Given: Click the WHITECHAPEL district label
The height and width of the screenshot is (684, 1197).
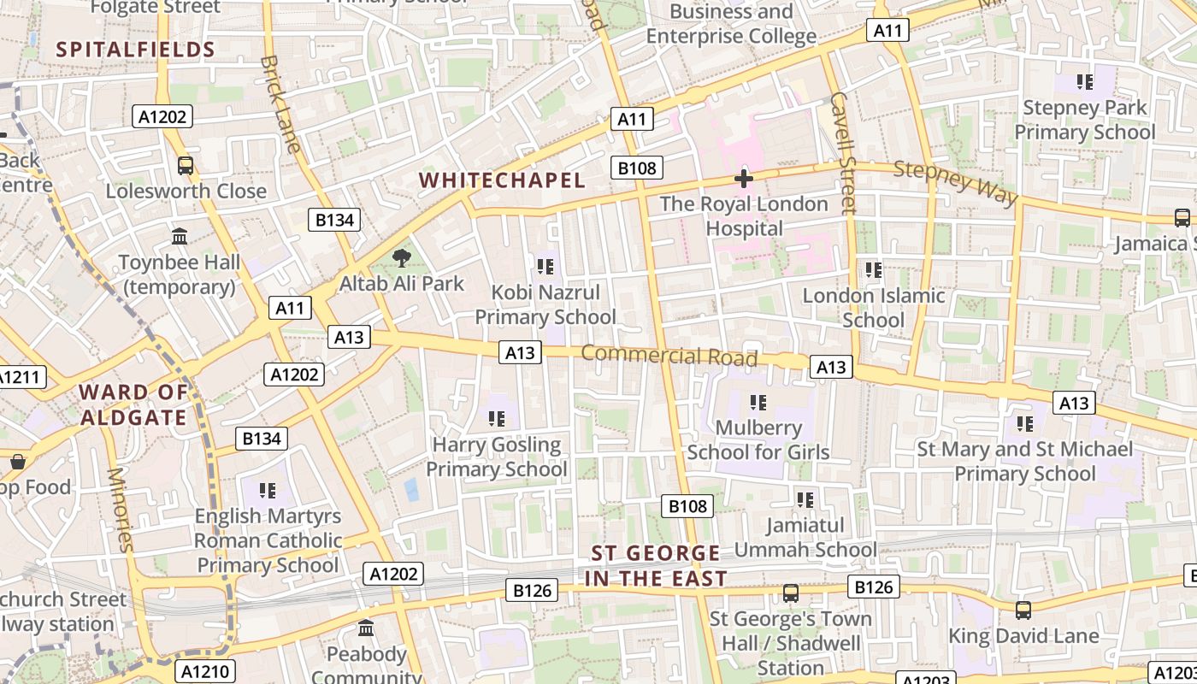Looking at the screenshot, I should coord(503,180).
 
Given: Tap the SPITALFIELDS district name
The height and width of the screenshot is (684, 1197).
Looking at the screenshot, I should coord(136,50).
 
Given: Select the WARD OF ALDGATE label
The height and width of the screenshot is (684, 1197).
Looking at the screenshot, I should coord(133,405).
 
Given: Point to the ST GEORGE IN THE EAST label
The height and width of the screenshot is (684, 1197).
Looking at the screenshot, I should coord(656,566).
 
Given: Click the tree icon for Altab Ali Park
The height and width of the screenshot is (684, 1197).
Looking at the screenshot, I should coord(401,257).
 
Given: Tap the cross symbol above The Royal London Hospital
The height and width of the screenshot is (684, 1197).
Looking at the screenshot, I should coord(744,179).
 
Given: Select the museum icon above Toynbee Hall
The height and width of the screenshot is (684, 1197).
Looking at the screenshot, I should coord(180,236).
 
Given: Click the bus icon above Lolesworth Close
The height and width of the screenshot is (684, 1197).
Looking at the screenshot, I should coord(186,165).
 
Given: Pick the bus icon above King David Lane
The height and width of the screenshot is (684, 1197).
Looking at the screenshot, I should coord(1023,610).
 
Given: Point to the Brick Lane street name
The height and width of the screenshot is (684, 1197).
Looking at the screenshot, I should coord(280,104).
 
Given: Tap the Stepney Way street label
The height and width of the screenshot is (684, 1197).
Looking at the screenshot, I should coord(956,182).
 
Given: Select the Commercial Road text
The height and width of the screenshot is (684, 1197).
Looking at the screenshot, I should coord(669,355).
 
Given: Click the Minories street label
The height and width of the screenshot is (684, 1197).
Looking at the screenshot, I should coord(121,510).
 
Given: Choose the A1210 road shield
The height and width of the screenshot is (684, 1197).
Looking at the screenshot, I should coord(205,671).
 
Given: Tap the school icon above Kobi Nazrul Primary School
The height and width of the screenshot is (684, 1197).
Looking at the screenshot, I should coord(545,267).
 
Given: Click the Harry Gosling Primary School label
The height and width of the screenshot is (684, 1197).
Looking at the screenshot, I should coord(496,457).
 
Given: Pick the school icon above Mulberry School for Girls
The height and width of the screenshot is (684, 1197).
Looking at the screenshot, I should coord(758,402).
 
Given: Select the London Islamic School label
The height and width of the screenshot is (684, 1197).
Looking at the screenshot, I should coord(873,308).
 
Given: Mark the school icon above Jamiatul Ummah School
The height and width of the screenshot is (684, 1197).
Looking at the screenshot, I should coord(805,499).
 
